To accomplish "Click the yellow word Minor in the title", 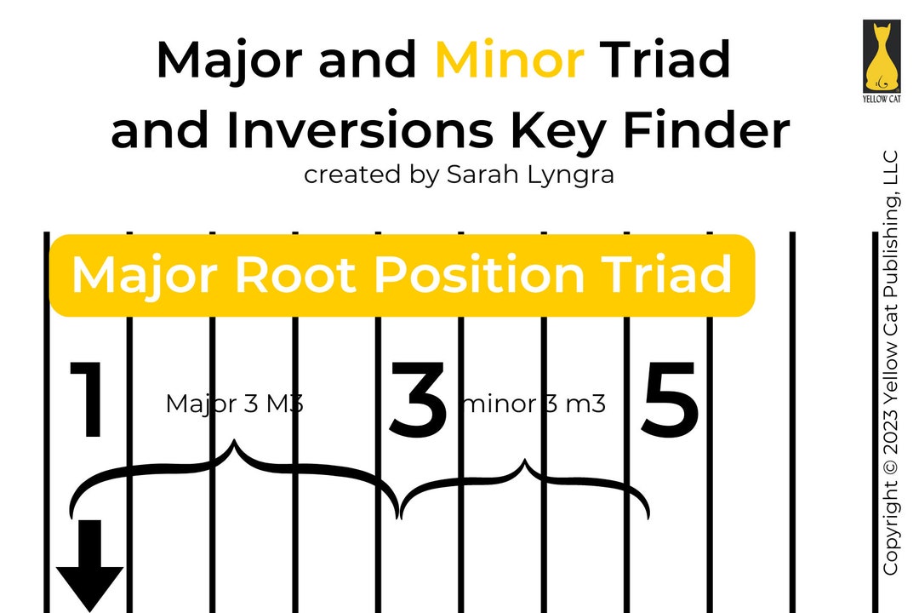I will (x=509, y=60).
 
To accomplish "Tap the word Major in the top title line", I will (x=231, y=60).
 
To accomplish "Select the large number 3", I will (x=418, y=400).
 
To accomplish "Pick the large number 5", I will (x=671, y=400).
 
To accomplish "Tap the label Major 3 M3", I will (x=234, y=404).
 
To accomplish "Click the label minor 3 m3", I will (x=534, y=404).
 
